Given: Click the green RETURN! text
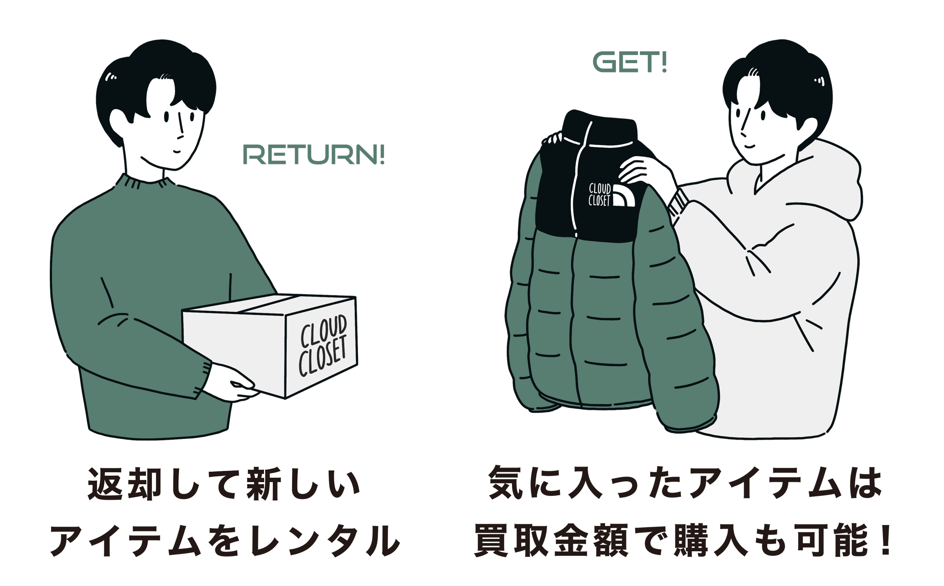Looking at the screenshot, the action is pyautogui.click(x=314, y=155).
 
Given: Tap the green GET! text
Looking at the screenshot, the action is pyautogui.click(x=629, y=62).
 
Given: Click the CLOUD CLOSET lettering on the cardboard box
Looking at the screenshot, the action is pyautogui.click(x=323, y=346).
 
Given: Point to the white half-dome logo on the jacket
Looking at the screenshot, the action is pyautogui.click(x=623, y=196).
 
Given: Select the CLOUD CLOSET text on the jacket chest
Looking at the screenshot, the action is pyautogui.click(x=599, y=194).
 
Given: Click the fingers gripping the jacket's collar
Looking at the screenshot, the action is pyautogui.click(x=553, y=139).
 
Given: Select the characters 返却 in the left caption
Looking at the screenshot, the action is pyautogui.click(x=124, y=484).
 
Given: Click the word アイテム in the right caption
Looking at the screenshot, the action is pyautogui.click(x=764, y=483).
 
